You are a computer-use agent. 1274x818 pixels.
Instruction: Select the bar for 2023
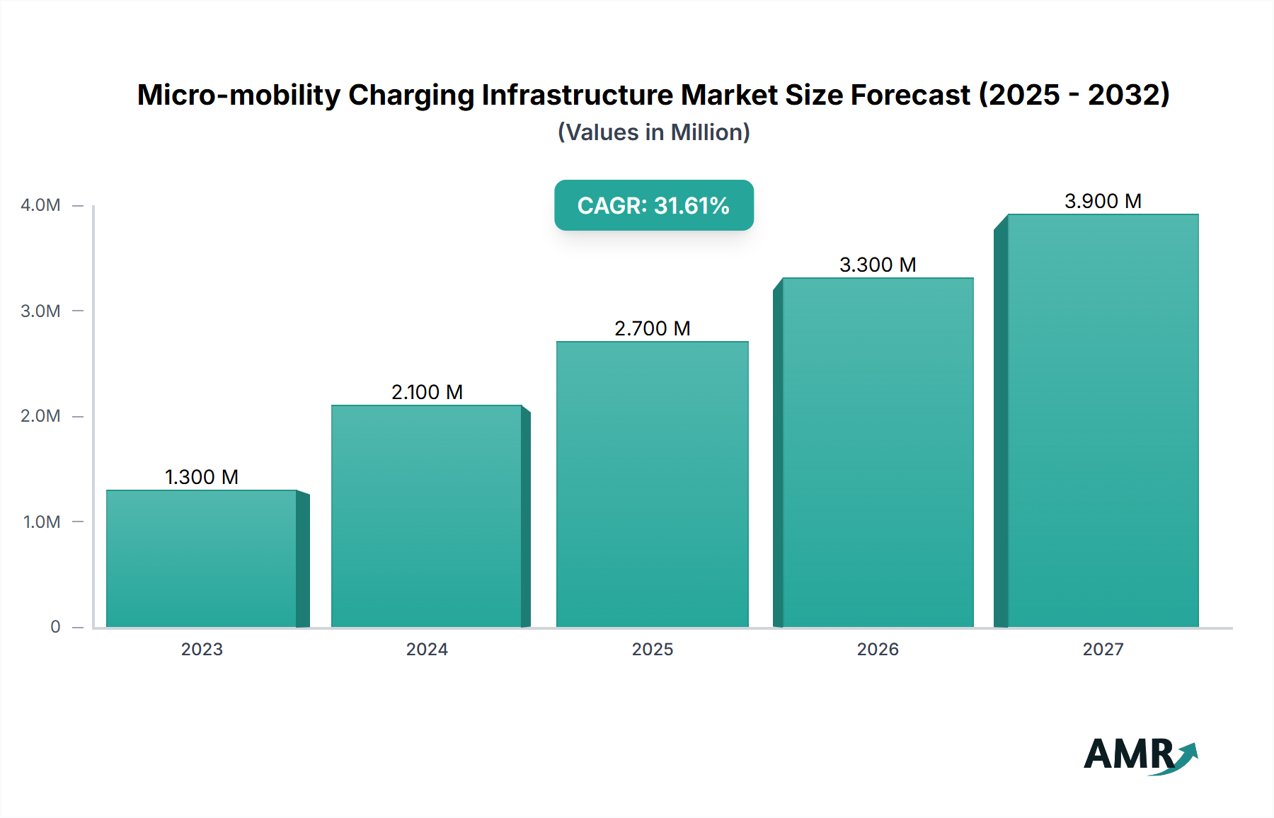[x=202, y=559]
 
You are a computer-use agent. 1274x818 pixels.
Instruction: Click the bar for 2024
[x=427, y=517]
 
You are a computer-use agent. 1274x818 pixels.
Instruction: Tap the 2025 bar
[x=652, y=485]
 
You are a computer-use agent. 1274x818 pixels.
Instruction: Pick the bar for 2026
[x=878, y=453]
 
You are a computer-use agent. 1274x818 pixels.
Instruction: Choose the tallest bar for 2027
[x=1103, y=421]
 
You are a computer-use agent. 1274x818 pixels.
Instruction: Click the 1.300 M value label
[x=202, y=477]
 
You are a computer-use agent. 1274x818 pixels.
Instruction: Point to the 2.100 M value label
[x=427, y=392]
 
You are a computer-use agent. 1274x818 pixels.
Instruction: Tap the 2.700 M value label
[x=652, y=328]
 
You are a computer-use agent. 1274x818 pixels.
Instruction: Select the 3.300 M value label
[x=878, y=265]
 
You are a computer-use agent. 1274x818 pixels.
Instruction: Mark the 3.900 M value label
[x=1103, y=201]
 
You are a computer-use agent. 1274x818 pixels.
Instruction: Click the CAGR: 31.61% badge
[x=653, y=205]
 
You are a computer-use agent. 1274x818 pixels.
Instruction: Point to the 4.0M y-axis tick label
[x=40, y=205]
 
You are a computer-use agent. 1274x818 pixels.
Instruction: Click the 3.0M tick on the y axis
[x=40, y=311]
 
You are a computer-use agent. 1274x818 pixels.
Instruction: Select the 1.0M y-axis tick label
[x=42, y=522]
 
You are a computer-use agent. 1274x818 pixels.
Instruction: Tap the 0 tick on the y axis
[x=55, y=626]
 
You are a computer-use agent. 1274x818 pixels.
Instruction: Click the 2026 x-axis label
[x=878, y=649]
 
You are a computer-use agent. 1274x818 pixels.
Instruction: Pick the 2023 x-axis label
[x=202, y=649]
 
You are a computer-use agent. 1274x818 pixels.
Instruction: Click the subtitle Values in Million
[x=653, y=132]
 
